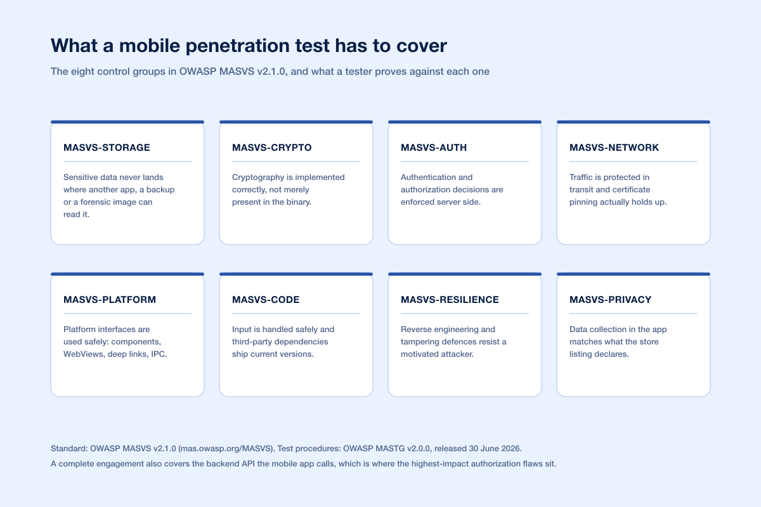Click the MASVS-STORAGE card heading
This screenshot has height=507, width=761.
107,148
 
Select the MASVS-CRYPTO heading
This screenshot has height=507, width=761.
272,148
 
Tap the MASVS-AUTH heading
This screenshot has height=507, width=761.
434,148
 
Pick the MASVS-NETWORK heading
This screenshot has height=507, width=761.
614,148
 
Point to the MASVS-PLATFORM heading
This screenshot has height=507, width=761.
109,300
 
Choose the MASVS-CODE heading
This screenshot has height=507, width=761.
266,300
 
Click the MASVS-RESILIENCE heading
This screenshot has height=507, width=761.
450,300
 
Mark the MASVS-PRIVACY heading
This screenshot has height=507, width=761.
610,300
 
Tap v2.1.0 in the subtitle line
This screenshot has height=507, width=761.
271,72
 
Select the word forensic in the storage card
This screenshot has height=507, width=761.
94,202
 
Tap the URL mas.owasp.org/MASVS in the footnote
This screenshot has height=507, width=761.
226,449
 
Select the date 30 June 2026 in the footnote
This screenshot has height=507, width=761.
494,449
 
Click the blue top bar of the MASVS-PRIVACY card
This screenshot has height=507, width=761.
634,122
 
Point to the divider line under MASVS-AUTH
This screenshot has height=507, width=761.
464,162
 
